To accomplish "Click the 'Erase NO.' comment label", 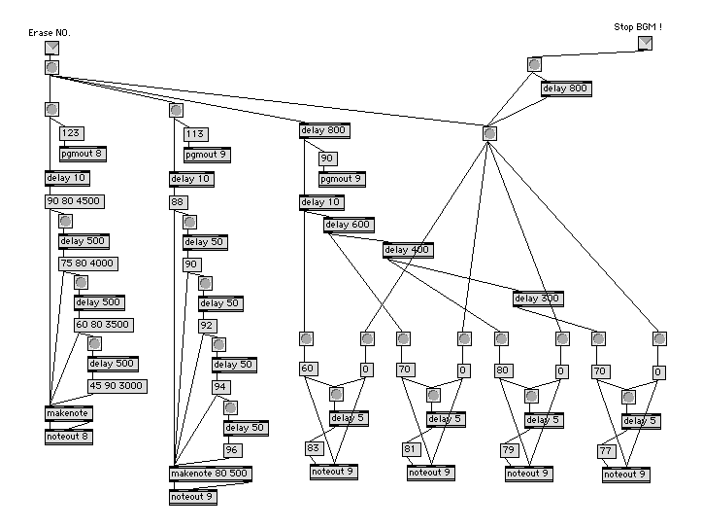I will click(x=50, y=33).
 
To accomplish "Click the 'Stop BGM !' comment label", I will click(x=639, y=26).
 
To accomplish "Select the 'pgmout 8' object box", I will click(x=81, y=154).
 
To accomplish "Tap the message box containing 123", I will click(x=71, y=134).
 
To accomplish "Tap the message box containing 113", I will click(x=196, y=135).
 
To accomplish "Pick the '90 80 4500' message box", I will click(x=74, y=201).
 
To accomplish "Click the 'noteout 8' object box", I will click(x=67, y=436).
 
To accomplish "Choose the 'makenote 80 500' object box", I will click(x=210, y=474).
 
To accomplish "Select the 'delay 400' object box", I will click(x=408, y=250).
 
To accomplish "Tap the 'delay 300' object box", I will click(x=538, y=299).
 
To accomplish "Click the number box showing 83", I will click(x=314, y=448).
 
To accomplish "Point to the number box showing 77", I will click(x=607, y=451).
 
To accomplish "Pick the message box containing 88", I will click(x=178, y=202).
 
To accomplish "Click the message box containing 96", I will click(x=232, y=450).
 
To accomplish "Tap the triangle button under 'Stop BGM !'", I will click(x=645, y=44).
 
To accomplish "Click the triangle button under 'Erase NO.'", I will click(x=51, y=48).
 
